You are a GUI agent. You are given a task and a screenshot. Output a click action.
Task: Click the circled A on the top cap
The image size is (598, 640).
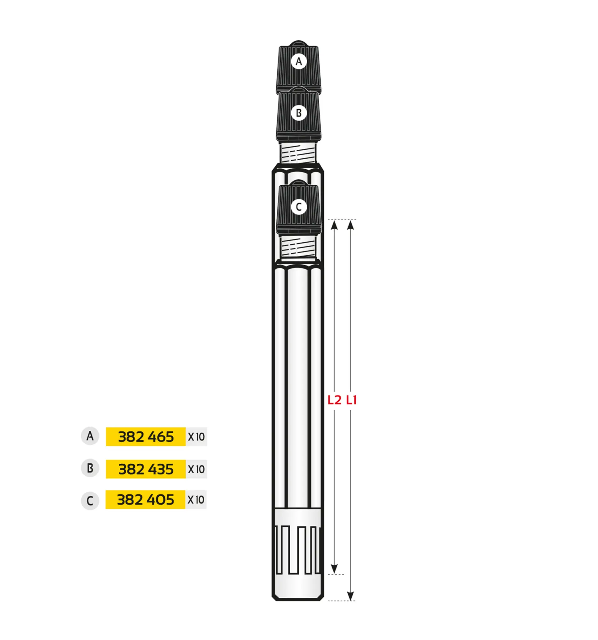tap(298, 61)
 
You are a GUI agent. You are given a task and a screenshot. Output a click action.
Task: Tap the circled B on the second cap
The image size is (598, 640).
tap(298, 113)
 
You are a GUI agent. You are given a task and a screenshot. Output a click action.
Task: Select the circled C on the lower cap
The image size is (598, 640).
tap(298, 207)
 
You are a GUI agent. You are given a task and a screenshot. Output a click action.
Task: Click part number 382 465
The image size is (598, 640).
tap(146, 437)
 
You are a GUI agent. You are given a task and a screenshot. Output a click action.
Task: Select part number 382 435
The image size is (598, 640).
tap(146, 469)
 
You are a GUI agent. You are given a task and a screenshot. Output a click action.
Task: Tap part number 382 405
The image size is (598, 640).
tap(146, 500)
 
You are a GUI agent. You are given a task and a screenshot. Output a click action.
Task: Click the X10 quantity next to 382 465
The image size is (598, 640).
tap(196, 437)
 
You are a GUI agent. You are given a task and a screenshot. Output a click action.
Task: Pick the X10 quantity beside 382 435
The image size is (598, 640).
tap(196, 469)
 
